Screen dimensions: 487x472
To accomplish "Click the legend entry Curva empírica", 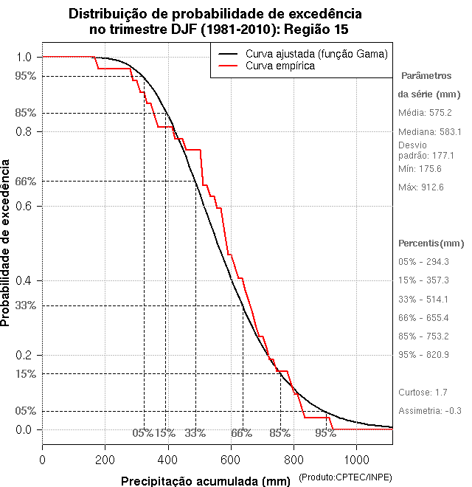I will (280, 66).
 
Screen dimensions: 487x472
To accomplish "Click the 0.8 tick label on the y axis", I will (24, 131).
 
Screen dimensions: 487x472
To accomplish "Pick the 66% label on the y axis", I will (25, 181).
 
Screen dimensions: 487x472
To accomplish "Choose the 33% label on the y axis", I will (25, 305).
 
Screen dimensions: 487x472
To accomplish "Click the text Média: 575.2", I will (425, 113).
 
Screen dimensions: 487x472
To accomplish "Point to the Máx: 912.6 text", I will (420, 187).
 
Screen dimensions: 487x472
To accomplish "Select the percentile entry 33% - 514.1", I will (423, 299).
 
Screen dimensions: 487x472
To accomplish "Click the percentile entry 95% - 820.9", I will (423, 355).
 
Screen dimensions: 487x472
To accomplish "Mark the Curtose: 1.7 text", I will (423, 392).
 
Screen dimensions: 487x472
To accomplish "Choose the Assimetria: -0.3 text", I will (429, 410).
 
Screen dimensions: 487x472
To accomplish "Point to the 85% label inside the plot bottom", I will (280, 433).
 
